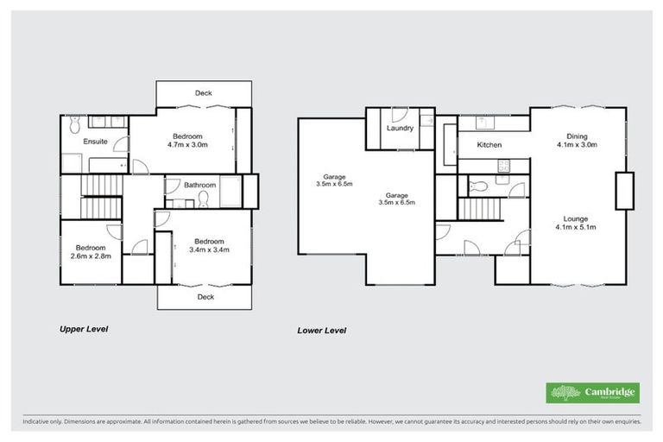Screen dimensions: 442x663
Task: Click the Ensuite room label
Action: click(x=95, y=141)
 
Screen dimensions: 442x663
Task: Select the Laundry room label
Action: click(x=400, y=129)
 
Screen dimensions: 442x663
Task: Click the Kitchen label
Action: click(x=489, y=145)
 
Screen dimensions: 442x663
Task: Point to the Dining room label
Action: click(x=577, y=136)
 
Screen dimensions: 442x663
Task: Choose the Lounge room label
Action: click(x=577, y=218)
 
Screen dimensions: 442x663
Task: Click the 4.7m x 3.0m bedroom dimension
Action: click(x=186, y=146)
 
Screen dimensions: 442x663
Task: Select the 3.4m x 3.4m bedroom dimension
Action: click(x=209, y=251)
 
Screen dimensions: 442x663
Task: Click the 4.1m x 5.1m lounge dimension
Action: click(x=577, y=228)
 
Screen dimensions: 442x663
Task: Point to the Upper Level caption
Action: click(x=83, y=329)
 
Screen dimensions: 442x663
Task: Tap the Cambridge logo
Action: click(x=593, y=393)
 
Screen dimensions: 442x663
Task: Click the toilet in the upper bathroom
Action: click(x=204, y=199)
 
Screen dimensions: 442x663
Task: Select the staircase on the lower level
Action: click(x=479, y=208)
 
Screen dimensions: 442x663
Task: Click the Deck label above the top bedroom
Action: click(x=204, y=93)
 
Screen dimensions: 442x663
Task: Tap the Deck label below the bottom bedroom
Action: click(x=205, y=297)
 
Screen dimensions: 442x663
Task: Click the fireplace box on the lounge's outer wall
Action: click(x=624, y=191)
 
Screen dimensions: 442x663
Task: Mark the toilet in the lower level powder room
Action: click(x=477, y=186)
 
